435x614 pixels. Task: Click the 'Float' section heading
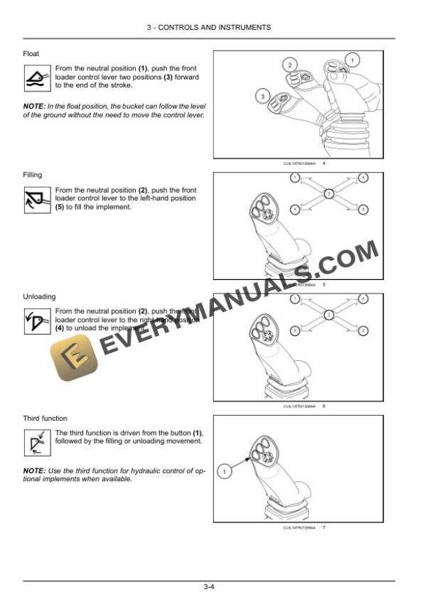pyautogui.click(x=31, y=53)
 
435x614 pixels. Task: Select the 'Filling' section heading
pyautogui.click(x=33, y=174)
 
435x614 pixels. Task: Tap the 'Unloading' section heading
pyautogui.click(x=39, y=296)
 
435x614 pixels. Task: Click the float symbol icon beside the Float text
pyautogui.click(x=37, y=77)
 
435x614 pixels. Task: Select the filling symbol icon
pyautogui.click(x=37, y=199)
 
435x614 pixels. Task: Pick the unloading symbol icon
pyautogui.click(x=37, y=321)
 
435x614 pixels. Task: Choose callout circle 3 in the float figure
pyautogui.click(x=262, y=95)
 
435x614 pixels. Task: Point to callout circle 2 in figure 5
pyautogui.click(x=328, y=193)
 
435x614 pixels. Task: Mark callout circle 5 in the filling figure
pyautogui.click(x=294, y=210)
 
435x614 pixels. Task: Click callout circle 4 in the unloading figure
pyautogui.click(x=363, y=298)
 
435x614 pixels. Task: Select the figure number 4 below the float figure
pyautogui.click(x=323, y=164)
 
